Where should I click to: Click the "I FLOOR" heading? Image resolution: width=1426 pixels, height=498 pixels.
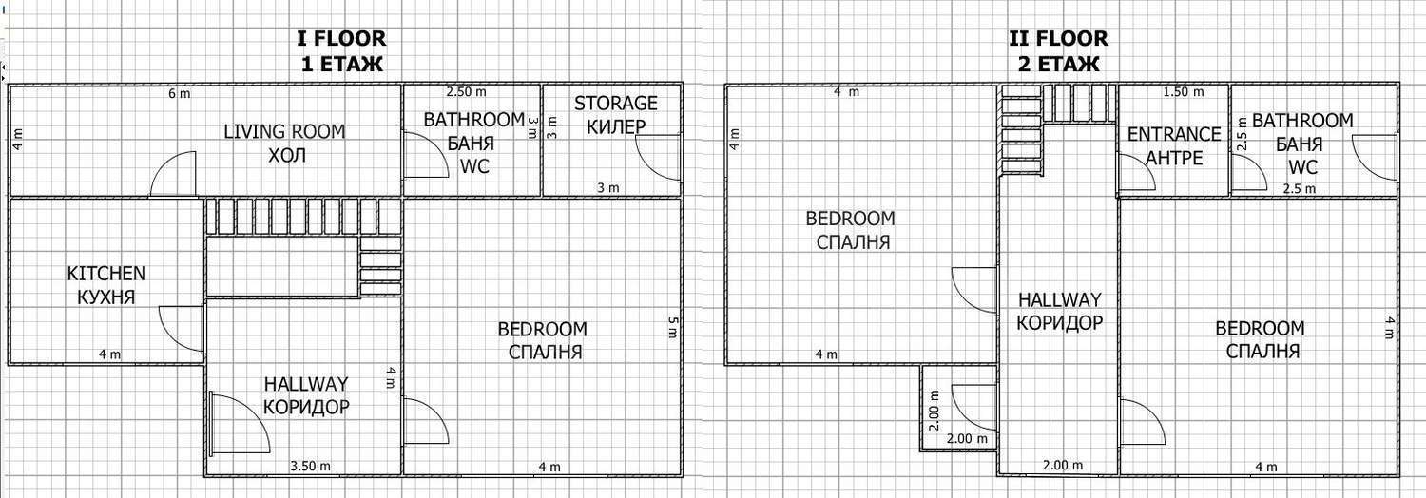click(x=341, y=38)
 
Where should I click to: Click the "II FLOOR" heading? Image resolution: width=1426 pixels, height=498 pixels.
click(x=1058, y=38)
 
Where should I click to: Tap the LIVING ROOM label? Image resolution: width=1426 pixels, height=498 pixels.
click(x=284, y=132)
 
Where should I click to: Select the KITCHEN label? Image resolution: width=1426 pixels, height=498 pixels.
click(x=106, y=274)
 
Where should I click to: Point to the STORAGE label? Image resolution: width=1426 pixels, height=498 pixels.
click(x=616, y=103)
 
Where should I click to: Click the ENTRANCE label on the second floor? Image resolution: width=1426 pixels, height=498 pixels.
click(x=1174, y=134)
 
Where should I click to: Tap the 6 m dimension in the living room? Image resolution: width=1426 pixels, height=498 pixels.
click(x=180, y=93)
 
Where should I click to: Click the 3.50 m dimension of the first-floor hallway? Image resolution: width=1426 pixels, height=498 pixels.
click(x=311, y=466)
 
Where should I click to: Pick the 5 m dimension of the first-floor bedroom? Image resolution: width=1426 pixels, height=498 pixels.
click(x=673, y=328)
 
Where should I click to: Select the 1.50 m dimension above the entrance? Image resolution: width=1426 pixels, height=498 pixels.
click(x=1184, y=91)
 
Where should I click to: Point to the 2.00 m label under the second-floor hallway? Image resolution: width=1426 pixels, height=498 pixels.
click(x=1063, y=465)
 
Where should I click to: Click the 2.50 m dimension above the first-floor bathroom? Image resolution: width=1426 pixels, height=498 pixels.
click(x=466, y=91)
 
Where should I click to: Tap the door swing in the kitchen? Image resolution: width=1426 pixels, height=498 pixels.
click(x=182, y=328)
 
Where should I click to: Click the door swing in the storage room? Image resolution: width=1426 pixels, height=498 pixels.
click(x=658, y=157)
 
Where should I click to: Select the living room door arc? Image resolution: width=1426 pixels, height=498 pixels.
click(x=172, y=174)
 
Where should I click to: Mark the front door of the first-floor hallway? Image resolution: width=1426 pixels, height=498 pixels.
click(x=240, y=424)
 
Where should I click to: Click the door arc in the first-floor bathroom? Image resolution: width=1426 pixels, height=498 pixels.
click(x=426, y=155)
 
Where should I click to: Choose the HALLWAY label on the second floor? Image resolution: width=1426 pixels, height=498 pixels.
click(x=1059, y=299)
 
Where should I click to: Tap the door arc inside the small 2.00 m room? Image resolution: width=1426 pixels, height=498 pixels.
click(x=974, y=407)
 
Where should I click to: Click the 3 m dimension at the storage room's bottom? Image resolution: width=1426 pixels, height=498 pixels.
click(x=608, y=187)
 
